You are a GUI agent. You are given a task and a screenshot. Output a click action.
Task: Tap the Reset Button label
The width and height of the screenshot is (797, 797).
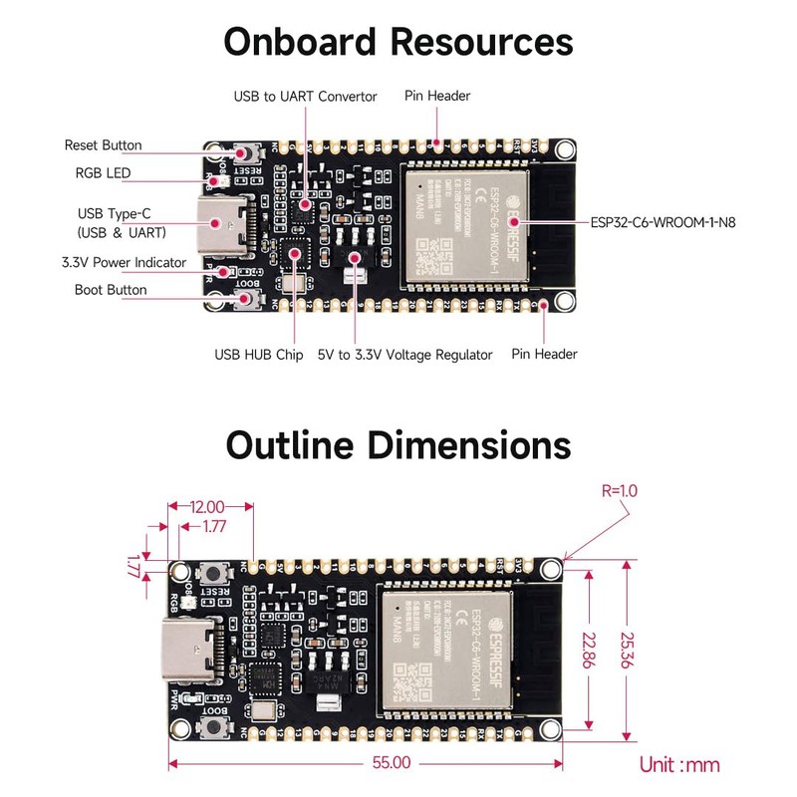(103, 145)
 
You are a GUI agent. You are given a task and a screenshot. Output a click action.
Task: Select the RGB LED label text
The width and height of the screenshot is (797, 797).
(103, 173)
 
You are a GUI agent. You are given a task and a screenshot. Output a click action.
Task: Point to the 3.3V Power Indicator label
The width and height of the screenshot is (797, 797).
(125, 263)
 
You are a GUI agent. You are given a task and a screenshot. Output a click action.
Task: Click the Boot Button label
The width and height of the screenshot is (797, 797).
(110, 290)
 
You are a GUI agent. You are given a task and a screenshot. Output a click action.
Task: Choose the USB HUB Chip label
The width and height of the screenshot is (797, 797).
(258, 355)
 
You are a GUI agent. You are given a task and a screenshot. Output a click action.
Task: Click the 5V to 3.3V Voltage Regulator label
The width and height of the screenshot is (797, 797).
(404, 355)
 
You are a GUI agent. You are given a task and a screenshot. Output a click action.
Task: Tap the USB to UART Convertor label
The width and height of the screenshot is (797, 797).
(305, 97)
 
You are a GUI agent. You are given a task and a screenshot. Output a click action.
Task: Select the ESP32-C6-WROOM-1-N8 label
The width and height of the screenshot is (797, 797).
(664, 222)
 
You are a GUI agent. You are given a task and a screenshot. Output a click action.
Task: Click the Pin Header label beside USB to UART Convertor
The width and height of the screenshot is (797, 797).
(436, 97)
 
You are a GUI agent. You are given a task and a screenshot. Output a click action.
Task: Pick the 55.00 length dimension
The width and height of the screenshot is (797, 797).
(392, 763)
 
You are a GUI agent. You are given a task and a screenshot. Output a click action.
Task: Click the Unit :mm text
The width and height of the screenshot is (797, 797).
(678, 765)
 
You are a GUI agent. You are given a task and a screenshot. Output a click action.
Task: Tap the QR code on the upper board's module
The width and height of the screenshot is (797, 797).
(437, 257)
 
